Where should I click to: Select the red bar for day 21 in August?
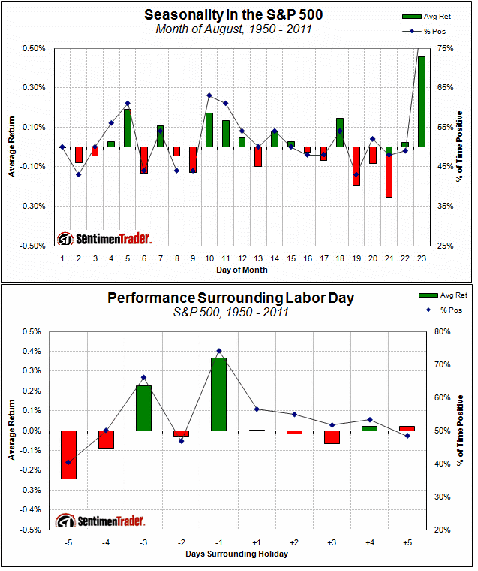pyautogui.click(x=389, y=172)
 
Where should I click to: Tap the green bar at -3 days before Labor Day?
pyautogui.click(x=143, y=408)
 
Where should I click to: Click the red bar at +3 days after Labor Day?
pyautogui.click(x=332, y=437)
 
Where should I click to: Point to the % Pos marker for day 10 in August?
pyautogui.click(x=209, y=95)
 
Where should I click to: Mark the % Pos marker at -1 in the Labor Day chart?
pyautogui.click(x=218, y=351)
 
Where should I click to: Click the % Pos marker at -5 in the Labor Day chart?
pyautogui.click(x=68, y=462)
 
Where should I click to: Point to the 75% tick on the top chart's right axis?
pyautogui.click(x=446, y=48)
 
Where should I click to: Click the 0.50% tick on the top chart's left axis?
pyautogui.click(x=35, y=48)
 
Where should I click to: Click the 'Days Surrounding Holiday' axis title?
pyautogui.click(x=237, y=554)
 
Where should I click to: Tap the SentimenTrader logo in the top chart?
pyautogui.click(x=104, y=239)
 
